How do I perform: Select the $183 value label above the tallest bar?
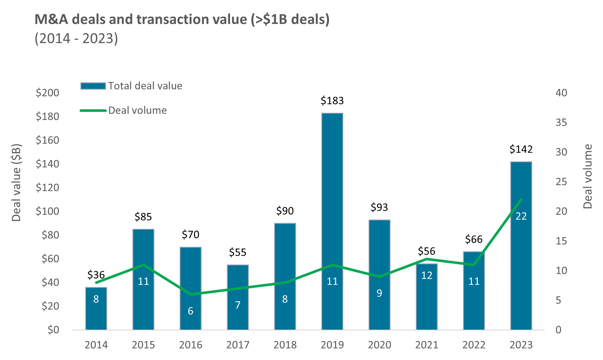point(332,101)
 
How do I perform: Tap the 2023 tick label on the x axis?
point(521,345)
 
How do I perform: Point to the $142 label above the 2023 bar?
point(521,149)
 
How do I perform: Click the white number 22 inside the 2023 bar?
point(521,216)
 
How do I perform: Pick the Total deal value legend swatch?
point(93,86)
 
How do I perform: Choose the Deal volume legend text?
point(137,110)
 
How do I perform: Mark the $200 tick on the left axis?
point(48,93)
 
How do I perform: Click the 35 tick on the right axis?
point(561,123)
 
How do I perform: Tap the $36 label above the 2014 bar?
point(96,275)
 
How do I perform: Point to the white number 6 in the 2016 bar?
point(190,311)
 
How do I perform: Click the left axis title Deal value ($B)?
point(16,183)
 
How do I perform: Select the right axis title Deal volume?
point(588,176)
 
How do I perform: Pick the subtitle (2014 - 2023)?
point(76,39)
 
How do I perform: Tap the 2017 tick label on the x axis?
point(238,345)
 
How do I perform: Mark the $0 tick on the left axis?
point(53,330)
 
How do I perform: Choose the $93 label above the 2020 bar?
point(379,207)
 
